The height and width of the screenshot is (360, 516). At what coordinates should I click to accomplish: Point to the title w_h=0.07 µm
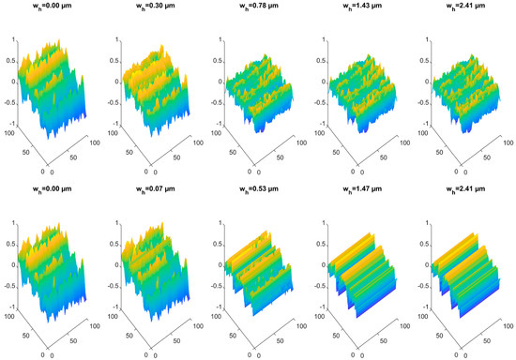tap(152, 194)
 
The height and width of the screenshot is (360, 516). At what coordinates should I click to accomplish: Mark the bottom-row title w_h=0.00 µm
tap(51, 194)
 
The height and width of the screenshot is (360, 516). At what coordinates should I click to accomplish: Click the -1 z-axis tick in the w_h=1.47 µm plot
tap(316, 303)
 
